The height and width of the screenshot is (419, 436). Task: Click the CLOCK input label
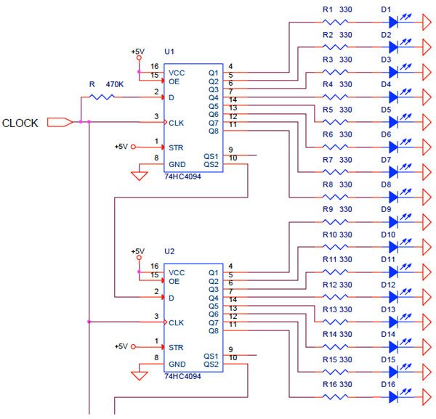click(x=20, y=123)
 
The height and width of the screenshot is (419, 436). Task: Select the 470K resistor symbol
click(x=102, y=97)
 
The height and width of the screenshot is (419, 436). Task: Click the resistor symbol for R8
click(x=335, y=197)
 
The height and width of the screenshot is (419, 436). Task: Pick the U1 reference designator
click(x=169, y=52)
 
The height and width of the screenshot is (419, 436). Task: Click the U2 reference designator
click(x=169, y=251)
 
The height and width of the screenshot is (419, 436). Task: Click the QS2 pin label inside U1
click(x=211, y=165)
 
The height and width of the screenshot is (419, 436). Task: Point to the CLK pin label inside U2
click(x=177, y=323)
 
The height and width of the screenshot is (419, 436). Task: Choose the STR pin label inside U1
click(x=176, y=147)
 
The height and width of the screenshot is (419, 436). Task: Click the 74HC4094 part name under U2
click(x=182, y=376)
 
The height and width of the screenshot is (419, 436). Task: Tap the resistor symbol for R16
click(x=335, y=397)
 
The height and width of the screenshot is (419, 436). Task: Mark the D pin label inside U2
click(x=171, y=298)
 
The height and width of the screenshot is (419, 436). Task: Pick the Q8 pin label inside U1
click(x=214, y=131)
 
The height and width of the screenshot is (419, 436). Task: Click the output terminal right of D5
click(x=427, y=122)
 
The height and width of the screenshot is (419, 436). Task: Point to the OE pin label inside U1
click(x=174, y=81)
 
